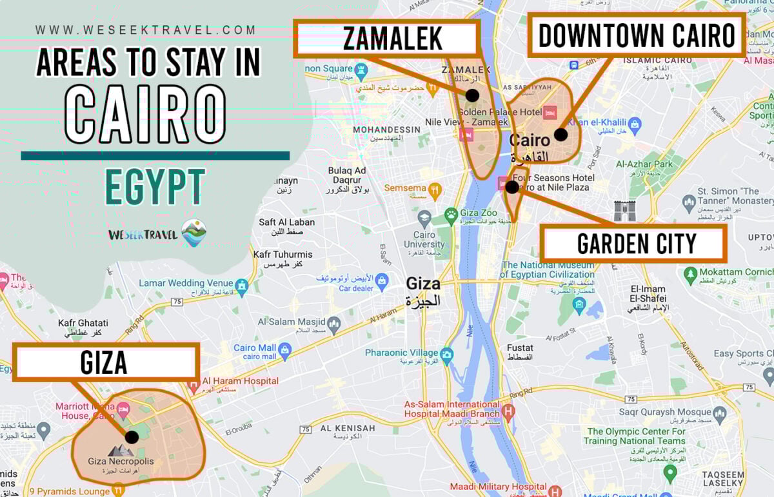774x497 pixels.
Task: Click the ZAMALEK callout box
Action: (386, 39)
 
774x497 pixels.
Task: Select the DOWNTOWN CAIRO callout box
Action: (637, 35)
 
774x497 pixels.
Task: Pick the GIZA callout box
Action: (104, 363)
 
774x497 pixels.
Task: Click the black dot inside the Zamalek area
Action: (472, 95)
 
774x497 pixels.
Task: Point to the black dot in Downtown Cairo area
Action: (561, 135)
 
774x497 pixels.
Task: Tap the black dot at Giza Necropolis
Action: (132, 437)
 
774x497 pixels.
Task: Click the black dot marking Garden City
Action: (511, 187)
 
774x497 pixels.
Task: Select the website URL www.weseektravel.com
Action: (146, 30)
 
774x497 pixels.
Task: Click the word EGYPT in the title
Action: (155, 187)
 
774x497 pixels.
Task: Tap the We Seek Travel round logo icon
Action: (193, 233)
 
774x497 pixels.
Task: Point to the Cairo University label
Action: (424, 240)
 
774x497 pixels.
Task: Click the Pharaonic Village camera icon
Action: (446, 354)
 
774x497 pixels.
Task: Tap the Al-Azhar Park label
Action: (644, 164)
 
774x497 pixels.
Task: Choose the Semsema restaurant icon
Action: (435, 189)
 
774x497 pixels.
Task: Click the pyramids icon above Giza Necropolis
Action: (121, 450)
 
